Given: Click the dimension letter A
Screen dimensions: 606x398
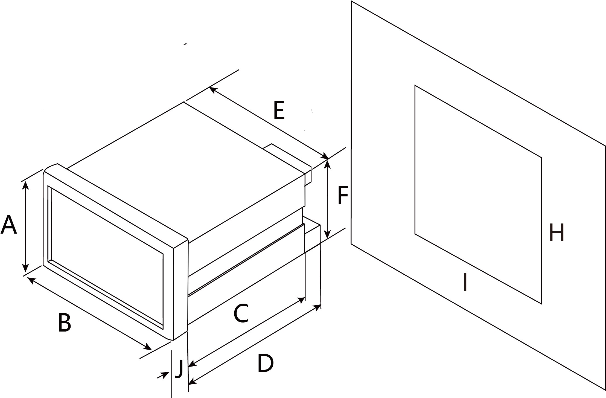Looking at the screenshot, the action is tap(9, 225).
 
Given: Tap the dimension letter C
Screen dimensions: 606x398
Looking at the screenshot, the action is tap(241, 313).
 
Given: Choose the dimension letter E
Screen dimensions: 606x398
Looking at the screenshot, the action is tap(279, 111).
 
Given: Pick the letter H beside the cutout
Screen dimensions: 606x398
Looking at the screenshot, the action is tap(557, 233).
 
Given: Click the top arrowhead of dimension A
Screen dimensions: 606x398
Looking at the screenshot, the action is tap(26, 185).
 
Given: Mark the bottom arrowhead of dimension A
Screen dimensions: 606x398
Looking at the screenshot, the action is tap(25, 268).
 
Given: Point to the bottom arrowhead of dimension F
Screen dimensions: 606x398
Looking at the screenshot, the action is tap(327, 234).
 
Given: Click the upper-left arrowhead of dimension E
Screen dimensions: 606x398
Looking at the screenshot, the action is tap(213, 90).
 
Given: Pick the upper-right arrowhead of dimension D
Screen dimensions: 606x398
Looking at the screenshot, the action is tap(317, 307).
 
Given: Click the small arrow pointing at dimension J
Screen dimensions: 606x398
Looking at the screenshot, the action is tap(163, 375).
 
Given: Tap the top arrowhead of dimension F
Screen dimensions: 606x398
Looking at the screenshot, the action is tap(327, 164).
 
